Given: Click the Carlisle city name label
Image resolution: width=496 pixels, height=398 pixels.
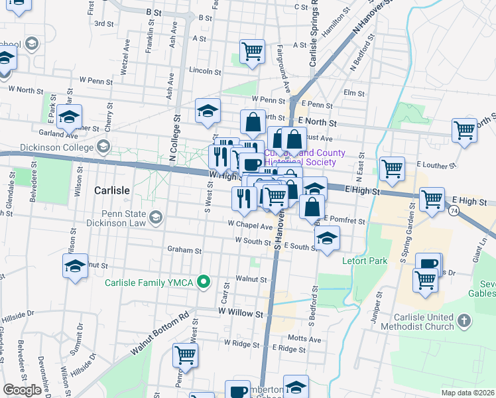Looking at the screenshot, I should (111, 190).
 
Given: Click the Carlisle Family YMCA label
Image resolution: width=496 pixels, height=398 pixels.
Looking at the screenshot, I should (149, 283).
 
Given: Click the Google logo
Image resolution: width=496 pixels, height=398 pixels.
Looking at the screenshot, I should (23, 390).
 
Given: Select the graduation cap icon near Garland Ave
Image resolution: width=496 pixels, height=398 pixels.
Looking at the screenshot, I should (69, 117).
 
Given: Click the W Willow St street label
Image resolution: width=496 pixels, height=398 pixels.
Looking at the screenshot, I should (241, 310).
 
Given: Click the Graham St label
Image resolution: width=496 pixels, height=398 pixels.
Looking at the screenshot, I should (184, 251).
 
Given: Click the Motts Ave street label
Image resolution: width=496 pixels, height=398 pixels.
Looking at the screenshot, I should (305, 339).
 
